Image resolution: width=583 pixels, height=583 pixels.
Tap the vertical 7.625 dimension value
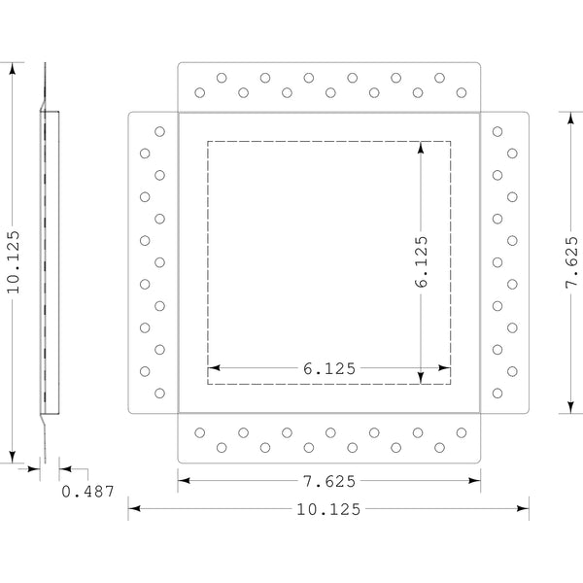pos(572,262)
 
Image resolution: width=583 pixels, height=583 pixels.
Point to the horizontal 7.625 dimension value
pos(328,480)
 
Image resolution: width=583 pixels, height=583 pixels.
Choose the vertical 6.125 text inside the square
pos(421,262)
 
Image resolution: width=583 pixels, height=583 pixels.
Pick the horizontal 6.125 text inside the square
pos(328,368)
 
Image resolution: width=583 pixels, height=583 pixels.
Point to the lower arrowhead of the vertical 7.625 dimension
pos(572,407)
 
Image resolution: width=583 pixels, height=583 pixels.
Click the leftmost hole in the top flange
pos(200,93)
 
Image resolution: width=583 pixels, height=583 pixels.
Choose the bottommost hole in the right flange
pos(497,394)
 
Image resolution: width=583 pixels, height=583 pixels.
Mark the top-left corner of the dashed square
pos(207,142)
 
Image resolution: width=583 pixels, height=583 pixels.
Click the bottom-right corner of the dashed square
pos(451,384)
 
